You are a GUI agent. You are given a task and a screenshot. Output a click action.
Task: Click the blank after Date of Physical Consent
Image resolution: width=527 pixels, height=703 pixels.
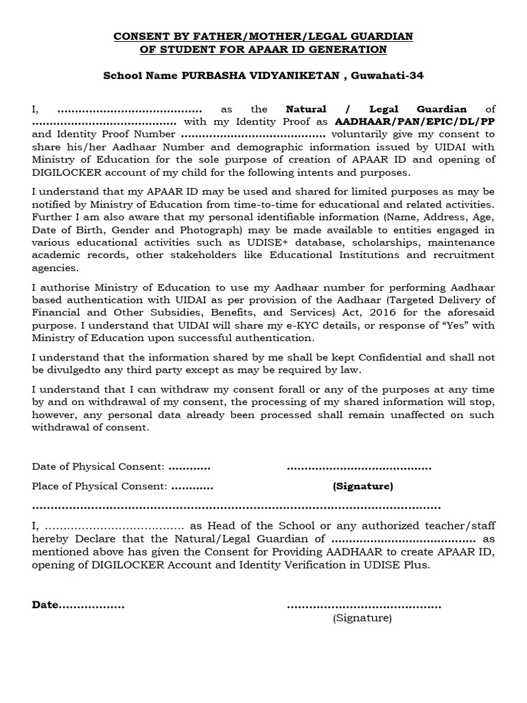[189, 467]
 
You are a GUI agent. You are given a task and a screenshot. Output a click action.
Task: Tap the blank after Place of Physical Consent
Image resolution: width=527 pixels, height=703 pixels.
[191, 486]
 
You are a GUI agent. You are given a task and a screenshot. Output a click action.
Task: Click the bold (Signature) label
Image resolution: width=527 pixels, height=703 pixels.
[363, 486]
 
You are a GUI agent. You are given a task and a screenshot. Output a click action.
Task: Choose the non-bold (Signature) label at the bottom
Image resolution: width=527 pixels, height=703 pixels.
[362, 618]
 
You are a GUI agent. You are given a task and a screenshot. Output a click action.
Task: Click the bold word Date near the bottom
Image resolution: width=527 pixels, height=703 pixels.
[45, 605]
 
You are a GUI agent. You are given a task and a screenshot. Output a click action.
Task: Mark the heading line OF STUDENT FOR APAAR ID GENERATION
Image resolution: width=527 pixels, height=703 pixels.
[263, 49]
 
